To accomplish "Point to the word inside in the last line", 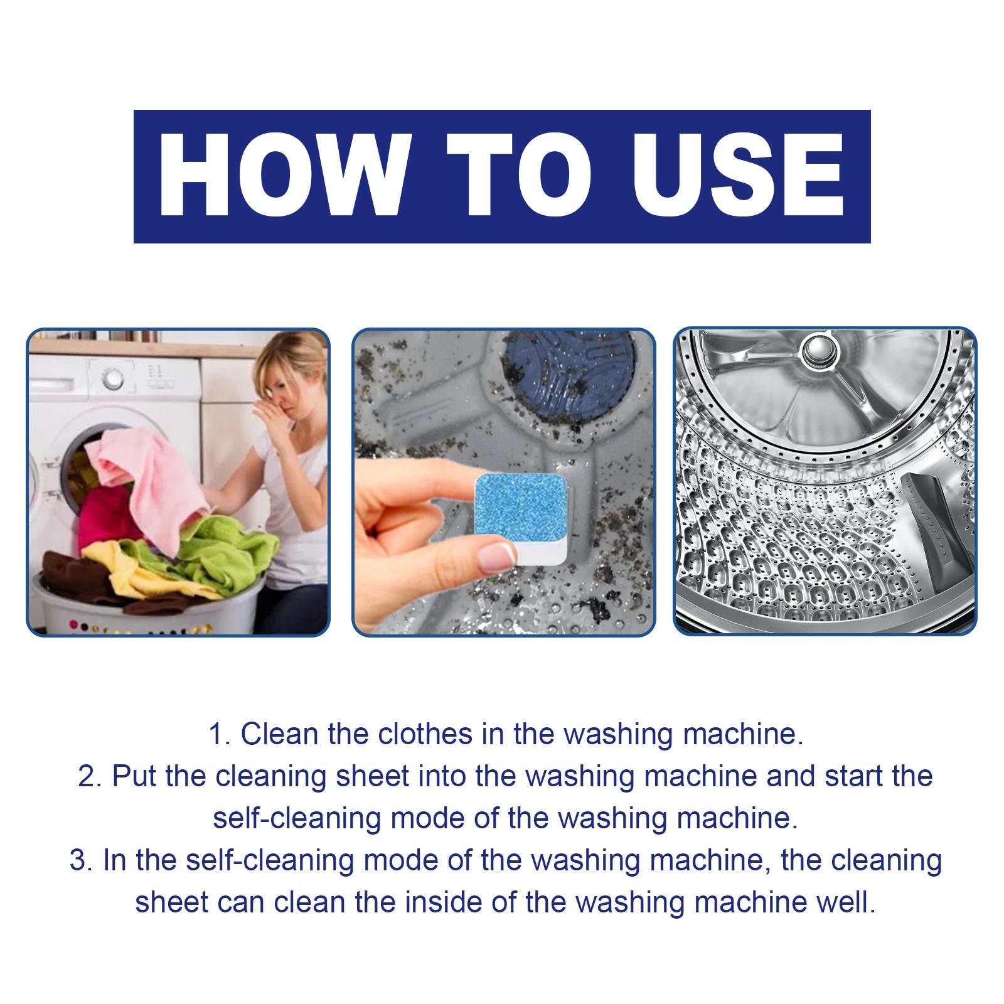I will [x=443, y=902].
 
